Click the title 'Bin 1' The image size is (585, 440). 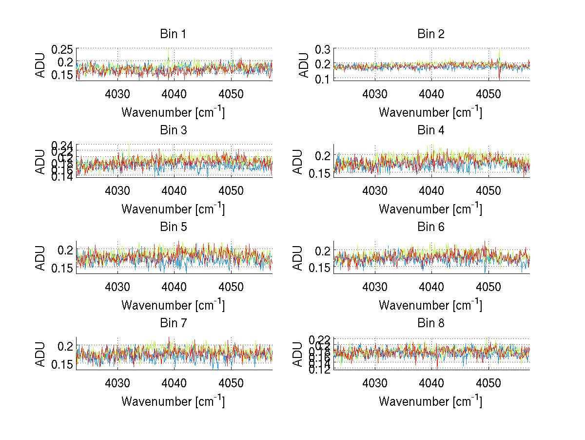(x=173, y=34)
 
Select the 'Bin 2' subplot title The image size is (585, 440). (x=430, y=34)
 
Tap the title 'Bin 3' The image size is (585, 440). (x=173, y=130)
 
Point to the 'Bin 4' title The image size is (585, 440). (x=430, y=130)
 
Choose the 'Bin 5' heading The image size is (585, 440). (x=173, y=227)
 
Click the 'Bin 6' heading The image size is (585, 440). (x=430, y=227)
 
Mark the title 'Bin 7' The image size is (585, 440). (x=173, y=323)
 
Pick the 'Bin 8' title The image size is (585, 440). (x=430, y=323)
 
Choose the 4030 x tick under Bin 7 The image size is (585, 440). (x=117, y=382)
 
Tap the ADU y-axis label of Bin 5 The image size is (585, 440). (x=41, y=257)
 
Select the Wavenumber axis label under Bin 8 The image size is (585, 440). (x=430, y=401)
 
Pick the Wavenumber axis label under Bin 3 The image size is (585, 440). (x=173, y=209)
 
